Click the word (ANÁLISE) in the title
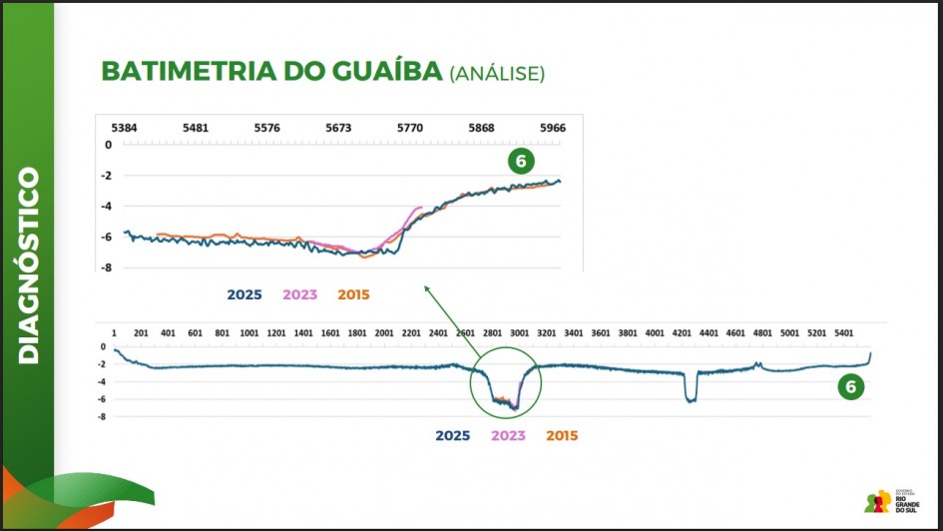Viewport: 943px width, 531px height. coord(497,73)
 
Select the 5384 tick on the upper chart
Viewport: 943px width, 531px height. coord(125,129)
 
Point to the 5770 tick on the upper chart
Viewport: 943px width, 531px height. coord(410,129)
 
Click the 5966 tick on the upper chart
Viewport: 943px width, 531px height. coord(552,129)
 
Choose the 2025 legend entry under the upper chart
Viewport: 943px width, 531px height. coord(244,294)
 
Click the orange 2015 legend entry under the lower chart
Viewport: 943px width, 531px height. coord(562,435)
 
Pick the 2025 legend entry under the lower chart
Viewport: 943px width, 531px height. coord(453,435)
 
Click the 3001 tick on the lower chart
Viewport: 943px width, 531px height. coord(519,332)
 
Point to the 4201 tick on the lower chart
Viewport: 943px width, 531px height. coord(683,332)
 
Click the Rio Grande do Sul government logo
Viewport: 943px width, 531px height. coord(889,500)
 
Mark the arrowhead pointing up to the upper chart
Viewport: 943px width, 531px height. coord(426,288)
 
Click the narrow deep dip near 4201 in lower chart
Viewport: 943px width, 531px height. coord(690,397)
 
